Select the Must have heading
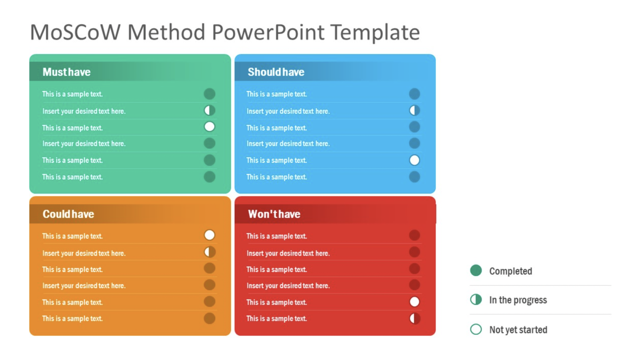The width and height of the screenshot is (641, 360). click(67, 72)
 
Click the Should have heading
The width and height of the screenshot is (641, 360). click(276, 72)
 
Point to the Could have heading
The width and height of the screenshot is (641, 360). click(68, 214)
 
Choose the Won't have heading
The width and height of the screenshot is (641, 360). click(274, 214)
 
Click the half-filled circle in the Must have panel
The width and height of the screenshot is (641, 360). click(209, 110)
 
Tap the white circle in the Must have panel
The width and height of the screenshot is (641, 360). click(209, 127)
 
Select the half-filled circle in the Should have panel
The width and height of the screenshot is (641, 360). click(414, 110)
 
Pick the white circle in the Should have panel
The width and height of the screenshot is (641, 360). click(414, 160)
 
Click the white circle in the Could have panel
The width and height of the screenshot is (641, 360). click(209, 235)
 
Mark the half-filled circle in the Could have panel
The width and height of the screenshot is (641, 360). click(209, 252)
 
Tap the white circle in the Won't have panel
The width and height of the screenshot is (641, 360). click(414, 302)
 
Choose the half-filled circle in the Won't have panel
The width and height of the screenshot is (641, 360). click(414, 318)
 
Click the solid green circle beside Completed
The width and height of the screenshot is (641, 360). click(476, 271)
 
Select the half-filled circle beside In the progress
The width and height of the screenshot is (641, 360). click(476, 299)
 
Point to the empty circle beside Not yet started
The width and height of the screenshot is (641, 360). click(476, 329)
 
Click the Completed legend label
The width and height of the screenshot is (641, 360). click(510, 271)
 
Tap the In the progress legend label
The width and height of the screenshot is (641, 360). click(518, 300)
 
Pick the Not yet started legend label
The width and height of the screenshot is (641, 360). click(518, 330)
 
